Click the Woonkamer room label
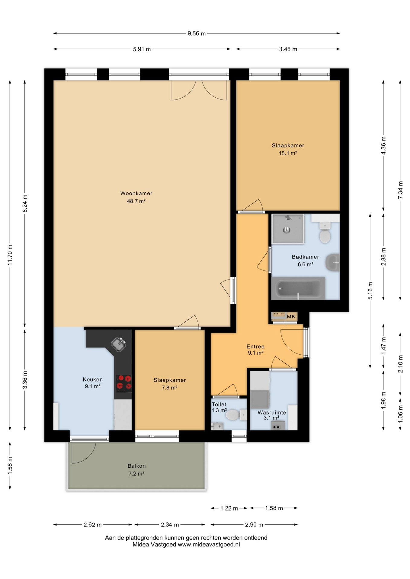pyautogui.click(x=136, y=193)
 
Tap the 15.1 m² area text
pyautogui.click(x=288, y=153)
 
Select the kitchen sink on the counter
pyautogui.click(x=118, y=344)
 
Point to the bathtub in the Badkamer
pyautogui.click(x=298, y=289)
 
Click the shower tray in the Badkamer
pyautogui.click(x=287, y=229)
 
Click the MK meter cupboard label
pyautogui.click(x=291, y=316)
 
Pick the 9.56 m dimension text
pyautogui.click(x=197, y=33)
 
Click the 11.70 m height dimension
pyautogui.click(x=10, y=258)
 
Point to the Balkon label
pyautogui.click(x=136, y=466)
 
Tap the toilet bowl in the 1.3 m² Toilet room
pyautogui.click(x=233, y=415)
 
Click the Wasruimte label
pyautogui.click(x=272, y=413)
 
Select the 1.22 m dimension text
pyautogui.click(x=229, y=508)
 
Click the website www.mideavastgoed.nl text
pyautogui.click(x=209, y=545)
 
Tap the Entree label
pyautogui.click(x=255, y=346)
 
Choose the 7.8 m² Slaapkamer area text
pyautogui.click(x=169, y=388)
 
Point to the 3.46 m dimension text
pyautogui.click(x=288, y=49)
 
